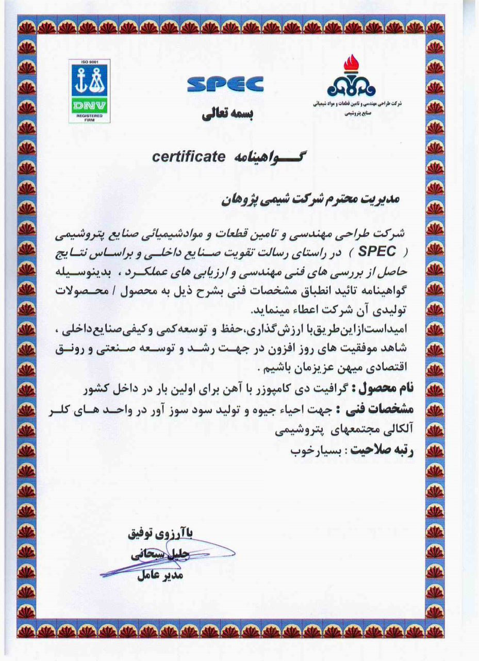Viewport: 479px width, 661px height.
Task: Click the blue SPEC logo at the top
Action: pos(225,84)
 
